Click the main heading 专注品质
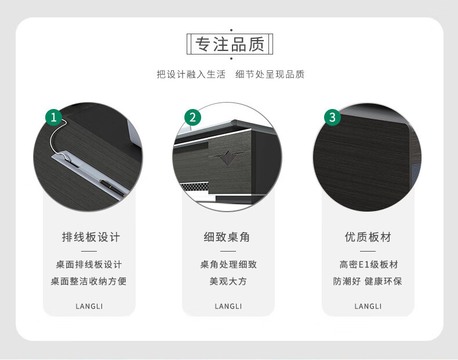[x=230, y=44]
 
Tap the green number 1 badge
[x=53, y=117]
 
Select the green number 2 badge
[x=192, y=117]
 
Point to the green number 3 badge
[x=332, y=117]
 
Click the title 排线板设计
[x=91, y=237]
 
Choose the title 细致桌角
[x=227, y=237]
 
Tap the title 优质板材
[x=368, y=237]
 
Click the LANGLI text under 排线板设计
[x=89, y=306]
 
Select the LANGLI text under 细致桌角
[x=228, y=306]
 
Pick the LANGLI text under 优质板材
[x=368, y=306]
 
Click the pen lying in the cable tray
[x=112, y=188]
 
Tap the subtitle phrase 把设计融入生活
[x=191, y=74]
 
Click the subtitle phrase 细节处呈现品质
[x=270, y=74]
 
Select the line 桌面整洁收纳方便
[x=89, y=281]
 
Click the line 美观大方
[x=228, y=281]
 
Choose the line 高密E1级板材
[x=369, y=264]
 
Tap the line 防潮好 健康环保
[x=368, y=281]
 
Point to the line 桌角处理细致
[x=228, y=264]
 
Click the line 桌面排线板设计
[x=89, y=264]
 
